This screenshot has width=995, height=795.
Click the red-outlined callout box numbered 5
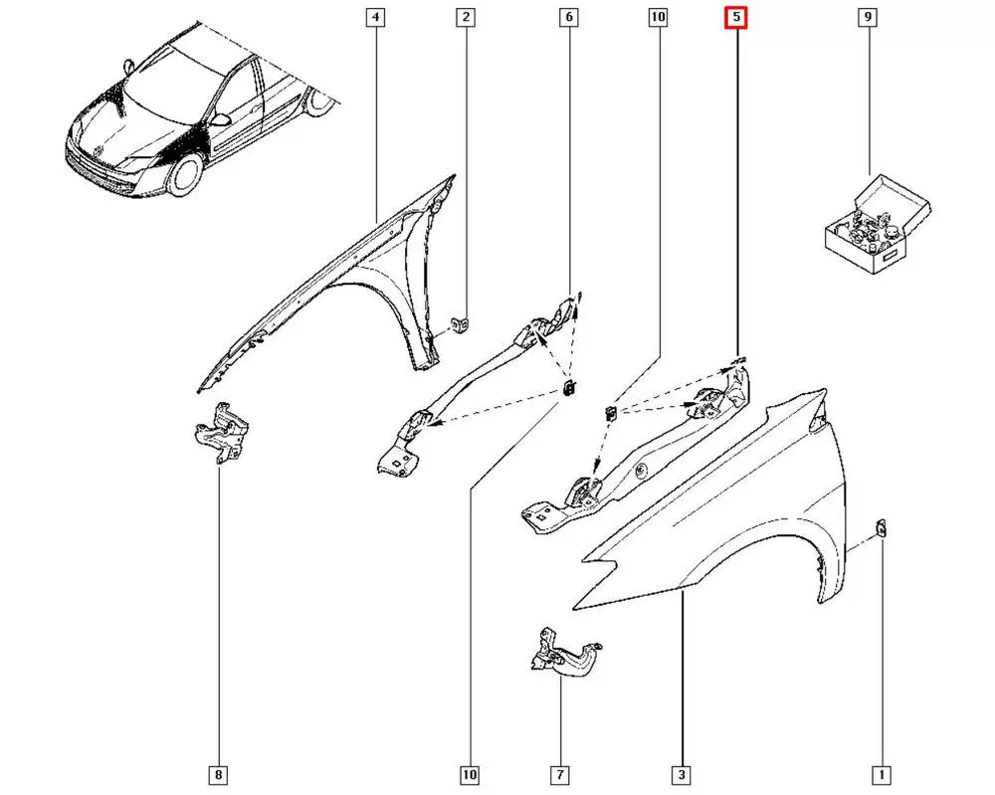pyautogui.click(x=735, y=17)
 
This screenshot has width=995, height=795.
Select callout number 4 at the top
pyautogui.click(x=375, y=17)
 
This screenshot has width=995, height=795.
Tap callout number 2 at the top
pyautogui.click(x=466, y=17)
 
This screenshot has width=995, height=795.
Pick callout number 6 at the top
pyautogui.click(x=568, y=17)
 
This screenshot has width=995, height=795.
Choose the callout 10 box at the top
pyautogui.click(x=657, y=17)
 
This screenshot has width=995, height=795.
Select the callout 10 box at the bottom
pyautogui.click(x=469, y=774)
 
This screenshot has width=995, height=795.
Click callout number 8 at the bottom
pyautogui.click(x=219, y=774)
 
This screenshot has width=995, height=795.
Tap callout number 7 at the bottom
pyautogui.click(x=560, y=774)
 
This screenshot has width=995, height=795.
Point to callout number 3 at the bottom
pyautogui.click(x=684, y=774)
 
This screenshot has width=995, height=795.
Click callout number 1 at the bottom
pyautogui.click(x=881, y=774)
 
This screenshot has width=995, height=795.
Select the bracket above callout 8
pyautogui.click(x=221, y=432)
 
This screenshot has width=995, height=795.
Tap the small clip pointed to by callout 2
pyautogui.click(x=462, y=323)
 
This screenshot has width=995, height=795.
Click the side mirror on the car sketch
pyautogui.click(x=221, y=120)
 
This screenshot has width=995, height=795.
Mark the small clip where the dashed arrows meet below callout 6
pyautogui.click(x=568, y=388)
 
